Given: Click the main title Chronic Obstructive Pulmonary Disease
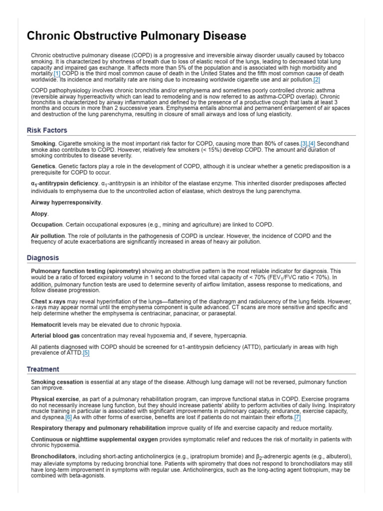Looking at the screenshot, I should tap(136, 36).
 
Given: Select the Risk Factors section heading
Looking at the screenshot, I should tap(47, 130).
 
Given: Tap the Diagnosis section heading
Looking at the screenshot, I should tap(43, 257).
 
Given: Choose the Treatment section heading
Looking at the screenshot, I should tap(43, 369).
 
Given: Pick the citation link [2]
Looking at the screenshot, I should tap(317, 79).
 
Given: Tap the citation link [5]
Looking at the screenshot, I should tap(86, 353).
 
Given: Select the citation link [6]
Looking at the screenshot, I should tap(69, 417).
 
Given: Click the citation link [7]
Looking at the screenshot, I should tap(297, 417).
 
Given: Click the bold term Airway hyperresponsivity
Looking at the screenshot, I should tap(66, 203).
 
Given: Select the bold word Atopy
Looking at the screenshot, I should tap(39, 214).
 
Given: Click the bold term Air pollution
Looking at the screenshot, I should tap(48, 236).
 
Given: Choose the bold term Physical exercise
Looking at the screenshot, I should tap(55, 399).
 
